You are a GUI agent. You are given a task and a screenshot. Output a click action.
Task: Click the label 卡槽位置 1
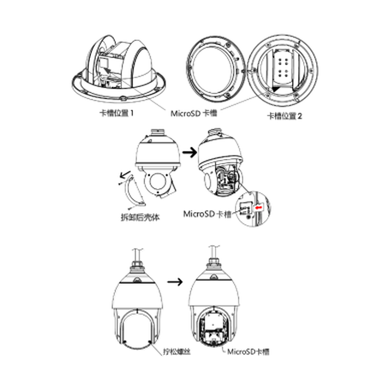117,113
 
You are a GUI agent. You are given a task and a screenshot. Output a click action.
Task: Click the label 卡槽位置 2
284,116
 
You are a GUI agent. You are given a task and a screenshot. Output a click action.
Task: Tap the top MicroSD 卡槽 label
194,113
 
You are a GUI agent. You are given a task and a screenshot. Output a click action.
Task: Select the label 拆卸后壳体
140,217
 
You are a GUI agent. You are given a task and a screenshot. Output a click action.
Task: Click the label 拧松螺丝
177,351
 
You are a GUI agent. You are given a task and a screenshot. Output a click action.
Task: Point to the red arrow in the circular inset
259,208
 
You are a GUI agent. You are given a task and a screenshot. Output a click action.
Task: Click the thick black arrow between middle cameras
190,152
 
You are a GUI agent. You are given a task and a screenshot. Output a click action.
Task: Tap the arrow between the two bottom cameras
175,282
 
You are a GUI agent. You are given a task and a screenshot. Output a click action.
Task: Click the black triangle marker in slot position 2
277,89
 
